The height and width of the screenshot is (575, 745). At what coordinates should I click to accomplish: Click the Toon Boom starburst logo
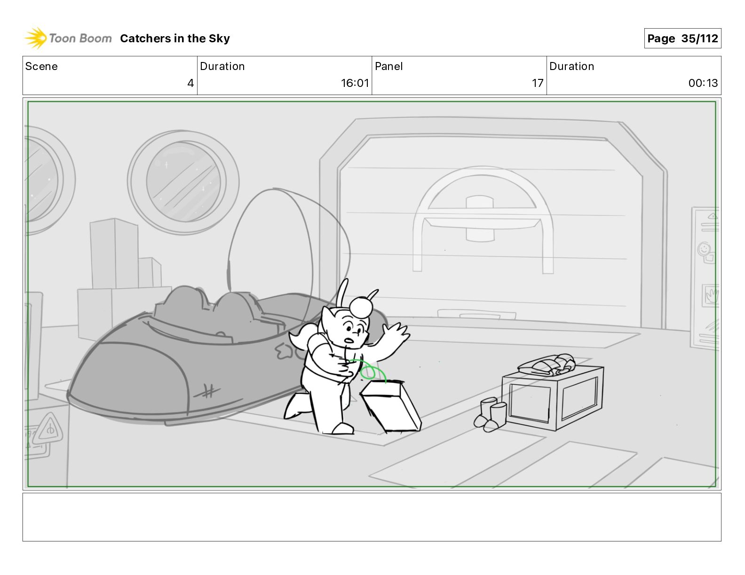click(x=36, y=38)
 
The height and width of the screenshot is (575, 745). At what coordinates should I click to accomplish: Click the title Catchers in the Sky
click(x=175, y=39)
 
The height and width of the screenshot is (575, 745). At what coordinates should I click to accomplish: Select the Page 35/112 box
click(x=682, y=39)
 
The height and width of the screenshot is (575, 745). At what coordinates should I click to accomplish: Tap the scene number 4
click(x=190, y=83)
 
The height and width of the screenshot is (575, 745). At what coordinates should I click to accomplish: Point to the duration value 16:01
click(x=355, y=83)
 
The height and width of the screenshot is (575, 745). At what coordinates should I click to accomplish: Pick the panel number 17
click(x=537, y=83)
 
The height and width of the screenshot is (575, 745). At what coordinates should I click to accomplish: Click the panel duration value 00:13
click(x=703, y=83)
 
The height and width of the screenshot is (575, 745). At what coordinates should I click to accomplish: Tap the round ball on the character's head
click(x=361, y=307)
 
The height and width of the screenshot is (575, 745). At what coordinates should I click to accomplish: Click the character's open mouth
click(x=349, y=341)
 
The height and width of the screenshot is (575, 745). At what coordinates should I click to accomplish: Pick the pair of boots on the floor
click(x=490, y=415)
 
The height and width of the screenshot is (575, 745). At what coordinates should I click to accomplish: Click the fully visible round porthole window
click(x=183, y=182)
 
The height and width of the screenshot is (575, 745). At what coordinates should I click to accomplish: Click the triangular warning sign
click(x=50, y=427)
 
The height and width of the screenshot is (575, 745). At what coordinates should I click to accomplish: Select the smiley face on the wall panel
click(x=704, y=249)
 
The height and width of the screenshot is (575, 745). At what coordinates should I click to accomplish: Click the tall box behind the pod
click(x=114, y=253)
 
